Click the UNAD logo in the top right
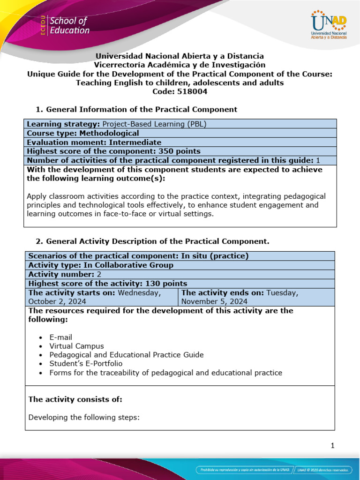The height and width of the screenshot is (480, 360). (x=328, y=26)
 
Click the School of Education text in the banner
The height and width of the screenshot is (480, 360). (x=69, y=26)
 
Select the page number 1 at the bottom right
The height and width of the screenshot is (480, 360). (x=332, y=446)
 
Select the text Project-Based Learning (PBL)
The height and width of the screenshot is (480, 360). (x=154, y=124)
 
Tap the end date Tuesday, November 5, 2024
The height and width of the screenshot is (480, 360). (x=239, y=297)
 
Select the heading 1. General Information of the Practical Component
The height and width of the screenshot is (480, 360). (x=136, y=109)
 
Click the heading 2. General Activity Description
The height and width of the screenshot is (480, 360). (x=152, y=241)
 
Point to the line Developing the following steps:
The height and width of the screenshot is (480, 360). (x=84, y=417)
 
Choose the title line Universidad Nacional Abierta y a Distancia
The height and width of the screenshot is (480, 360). (x=180, y=56)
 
